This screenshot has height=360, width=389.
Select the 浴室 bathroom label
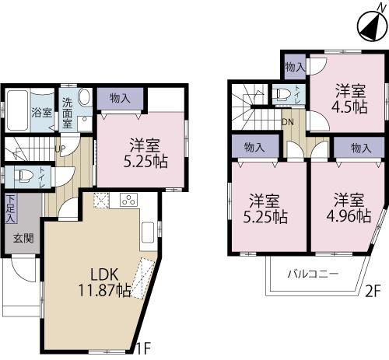pos(41,113)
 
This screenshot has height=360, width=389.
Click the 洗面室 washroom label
pos(68,113)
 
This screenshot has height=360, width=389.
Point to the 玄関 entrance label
pos(23,238)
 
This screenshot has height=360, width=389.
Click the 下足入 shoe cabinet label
pos(11,208)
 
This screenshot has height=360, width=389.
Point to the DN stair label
pos(287,121)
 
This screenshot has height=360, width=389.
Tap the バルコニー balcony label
pos(312,274)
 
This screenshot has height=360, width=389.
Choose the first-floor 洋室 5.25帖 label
pos(145,152)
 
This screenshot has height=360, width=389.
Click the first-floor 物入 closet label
pos(120,99)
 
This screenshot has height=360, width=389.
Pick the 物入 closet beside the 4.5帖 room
pos(294,67)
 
